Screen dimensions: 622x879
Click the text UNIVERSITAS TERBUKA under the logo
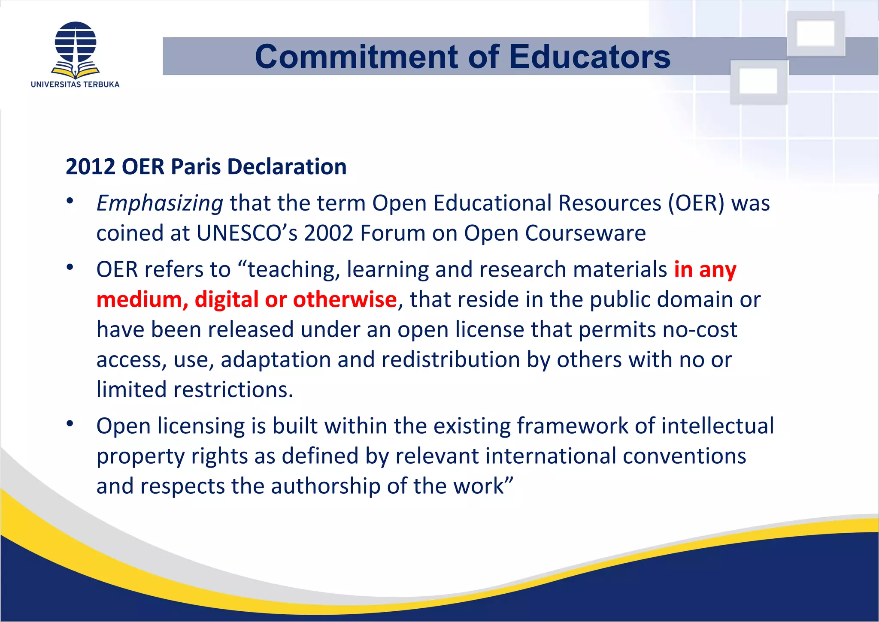coord(75,85)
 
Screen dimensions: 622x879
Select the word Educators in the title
coord(589,57)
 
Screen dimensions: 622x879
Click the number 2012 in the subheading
coord(91,166)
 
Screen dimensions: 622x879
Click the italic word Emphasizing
coord(160,203)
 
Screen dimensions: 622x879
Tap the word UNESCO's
coord(247,233)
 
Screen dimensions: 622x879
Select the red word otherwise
coord(345,299)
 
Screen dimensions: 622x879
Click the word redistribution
coord(451,359)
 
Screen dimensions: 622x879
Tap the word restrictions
coord(233,390)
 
